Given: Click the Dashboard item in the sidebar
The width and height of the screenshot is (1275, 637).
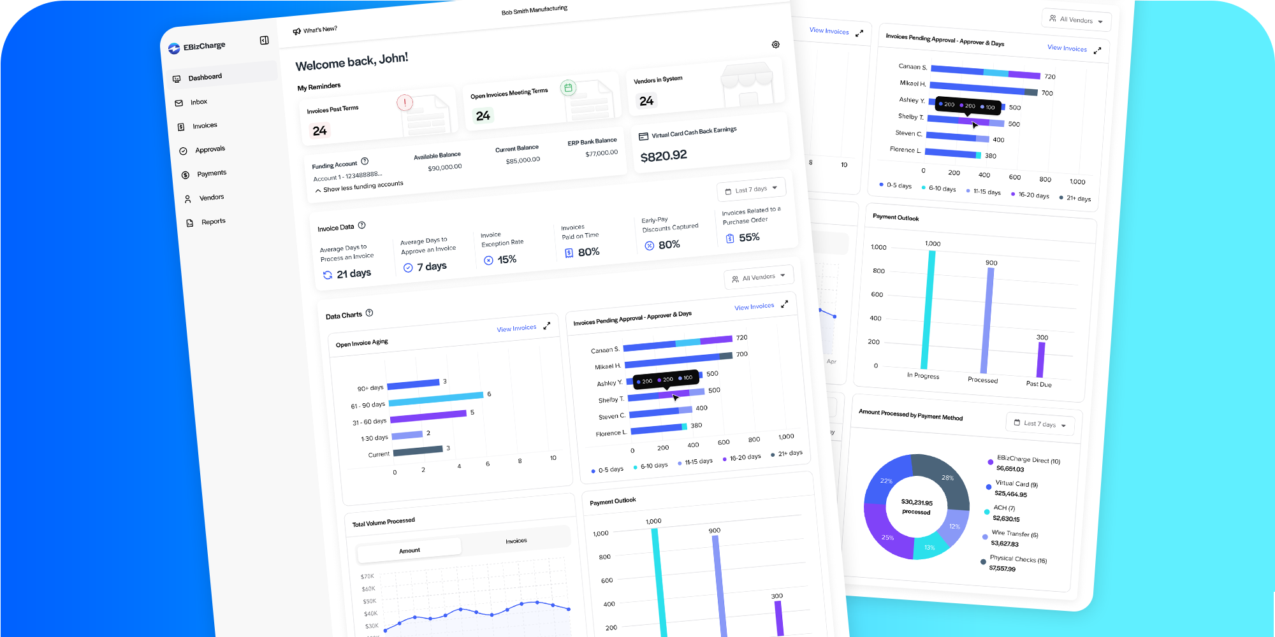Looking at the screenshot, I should click(x=205, y=77).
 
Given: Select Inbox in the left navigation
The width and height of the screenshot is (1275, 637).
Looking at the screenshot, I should click(x=198, y=102).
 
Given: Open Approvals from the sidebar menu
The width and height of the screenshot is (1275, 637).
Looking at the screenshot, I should click(x=210, y=149).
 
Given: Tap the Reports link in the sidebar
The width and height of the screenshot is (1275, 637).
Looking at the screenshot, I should click(x=213, y=222).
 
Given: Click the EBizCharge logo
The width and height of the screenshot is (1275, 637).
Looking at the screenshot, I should click(x=197, y=47).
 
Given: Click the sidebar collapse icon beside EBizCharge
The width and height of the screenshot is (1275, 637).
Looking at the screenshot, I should click(x=264, y=41).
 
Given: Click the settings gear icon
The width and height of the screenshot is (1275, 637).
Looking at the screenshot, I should click(x=775, y=45).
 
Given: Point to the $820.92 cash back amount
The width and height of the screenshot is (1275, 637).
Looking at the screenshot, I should click(x=664, y=155).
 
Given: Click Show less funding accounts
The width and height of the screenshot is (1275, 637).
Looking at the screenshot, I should click(x=362, y=187).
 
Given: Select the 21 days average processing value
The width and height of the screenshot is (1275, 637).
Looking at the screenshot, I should click(x=353, y=273).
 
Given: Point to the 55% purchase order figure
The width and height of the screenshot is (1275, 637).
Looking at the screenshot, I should click(x=748, y=237).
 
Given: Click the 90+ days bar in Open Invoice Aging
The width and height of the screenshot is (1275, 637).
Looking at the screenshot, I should click(x=413, y=383).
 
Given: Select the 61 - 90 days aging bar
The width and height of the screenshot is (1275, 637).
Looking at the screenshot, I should click(x=435, y=399).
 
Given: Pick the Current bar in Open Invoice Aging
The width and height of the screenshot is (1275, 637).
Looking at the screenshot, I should click(x=418, y=450).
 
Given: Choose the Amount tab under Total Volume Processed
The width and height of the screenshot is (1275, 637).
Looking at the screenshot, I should click(x=409, y=550).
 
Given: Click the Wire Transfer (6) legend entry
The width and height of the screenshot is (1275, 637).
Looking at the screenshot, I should click(x=1014, y=534).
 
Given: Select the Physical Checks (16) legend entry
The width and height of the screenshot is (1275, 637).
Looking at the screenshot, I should click(x=1018, y=559).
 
